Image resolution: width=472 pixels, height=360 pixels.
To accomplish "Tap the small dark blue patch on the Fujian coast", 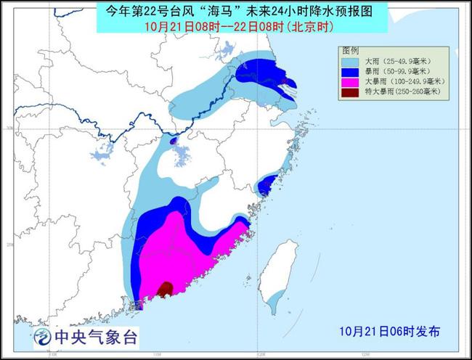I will click(267, 185).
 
